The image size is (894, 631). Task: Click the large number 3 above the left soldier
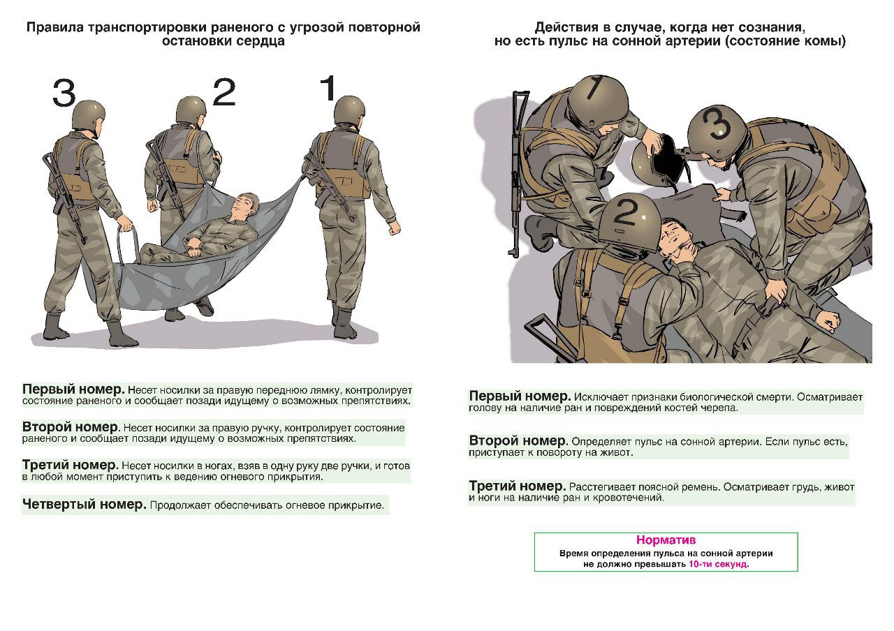[64, 93]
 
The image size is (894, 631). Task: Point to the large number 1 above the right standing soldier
[328, 89]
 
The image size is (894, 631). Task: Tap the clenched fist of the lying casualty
[829, 321]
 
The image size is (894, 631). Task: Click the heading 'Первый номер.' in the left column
[73, 389]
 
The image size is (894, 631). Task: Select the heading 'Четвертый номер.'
[84, 504]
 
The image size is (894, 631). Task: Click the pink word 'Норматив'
[666, 540]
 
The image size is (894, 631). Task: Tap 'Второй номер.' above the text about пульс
[518, 441]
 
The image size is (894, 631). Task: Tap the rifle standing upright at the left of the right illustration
[516, 168]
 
